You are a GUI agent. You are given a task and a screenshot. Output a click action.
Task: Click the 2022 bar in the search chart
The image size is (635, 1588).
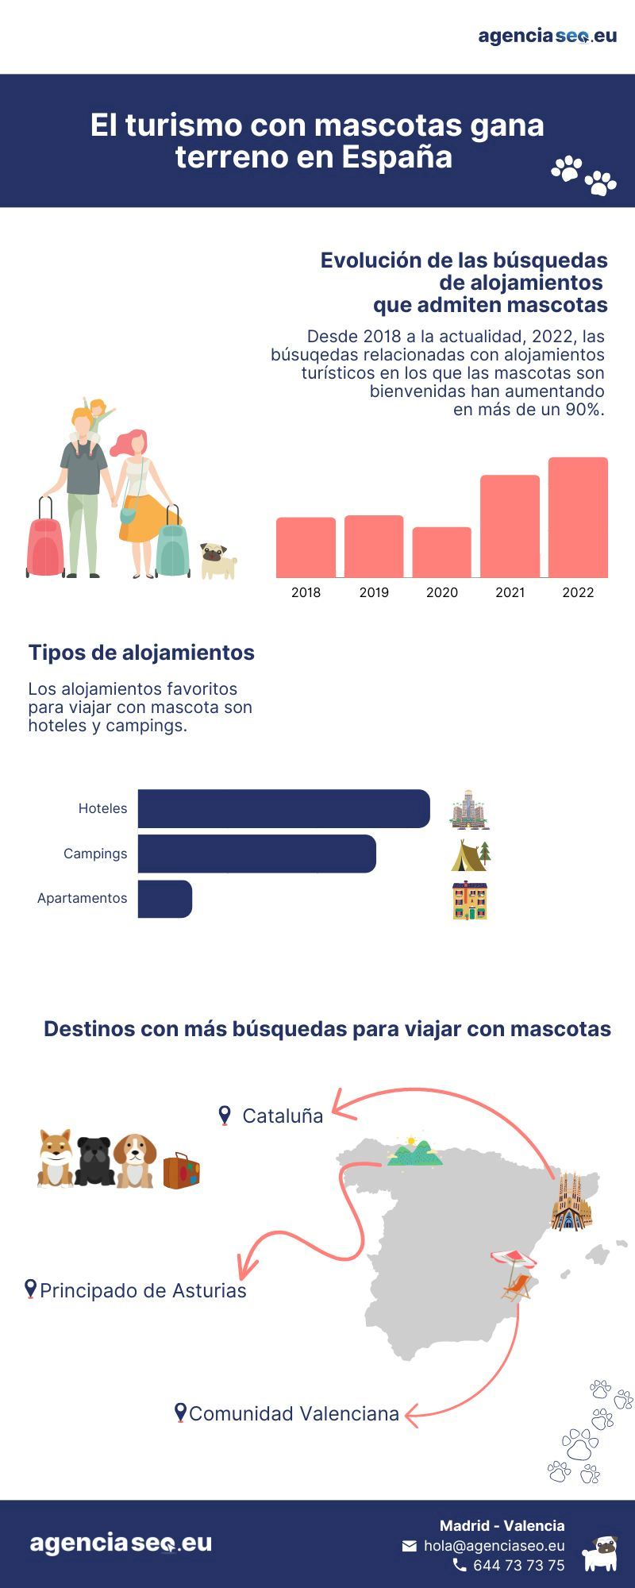[578, 517]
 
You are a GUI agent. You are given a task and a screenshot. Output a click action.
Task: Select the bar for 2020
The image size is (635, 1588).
[441, 552]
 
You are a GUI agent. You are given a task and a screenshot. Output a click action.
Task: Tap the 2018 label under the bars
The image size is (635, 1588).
[306, 592]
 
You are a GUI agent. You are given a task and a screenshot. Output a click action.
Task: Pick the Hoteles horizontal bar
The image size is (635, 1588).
[283, 808]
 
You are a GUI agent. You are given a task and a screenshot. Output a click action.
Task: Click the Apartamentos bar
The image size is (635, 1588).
[165, 899]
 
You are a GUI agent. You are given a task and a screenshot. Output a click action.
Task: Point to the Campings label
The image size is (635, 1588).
[95, 854]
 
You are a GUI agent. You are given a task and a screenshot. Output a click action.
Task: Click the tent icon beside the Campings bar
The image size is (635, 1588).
[471, 855]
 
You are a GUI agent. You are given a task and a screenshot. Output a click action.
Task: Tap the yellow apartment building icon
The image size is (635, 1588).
[470, 900]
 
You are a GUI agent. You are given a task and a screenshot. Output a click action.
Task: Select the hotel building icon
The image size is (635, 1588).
[469, 810]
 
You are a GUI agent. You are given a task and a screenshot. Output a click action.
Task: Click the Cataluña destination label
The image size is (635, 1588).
[282, 1116]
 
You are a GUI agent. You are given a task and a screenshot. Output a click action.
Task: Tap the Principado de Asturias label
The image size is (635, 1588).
[143, 1290]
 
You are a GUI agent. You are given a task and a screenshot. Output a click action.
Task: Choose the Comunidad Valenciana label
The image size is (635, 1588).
[294, 1413]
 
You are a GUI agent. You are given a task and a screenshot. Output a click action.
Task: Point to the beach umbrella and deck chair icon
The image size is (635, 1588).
[514, 1274]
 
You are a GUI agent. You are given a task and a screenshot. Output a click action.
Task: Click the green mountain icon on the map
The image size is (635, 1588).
[414, 1153]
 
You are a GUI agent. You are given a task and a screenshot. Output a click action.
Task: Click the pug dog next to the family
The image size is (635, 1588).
[217, 561]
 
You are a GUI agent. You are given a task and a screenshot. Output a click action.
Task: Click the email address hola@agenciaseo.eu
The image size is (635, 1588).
[494, 1545]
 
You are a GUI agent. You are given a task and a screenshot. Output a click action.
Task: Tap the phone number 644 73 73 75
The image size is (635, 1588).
[518, 1565]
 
